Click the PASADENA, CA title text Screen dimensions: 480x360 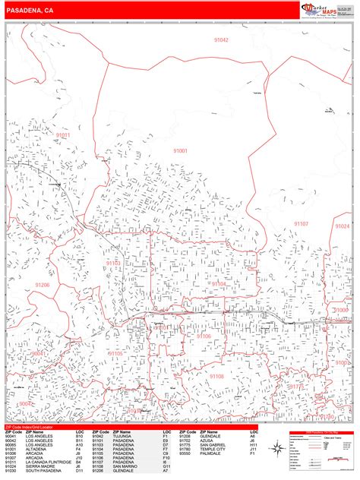[x=30, y=11]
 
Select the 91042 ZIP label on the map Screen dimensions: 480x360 [x=220, y=39]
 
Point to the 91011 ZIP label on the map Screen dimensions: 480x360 [x=61, y=135]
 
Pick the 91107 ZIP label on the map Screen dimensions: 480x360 [x=302, y=224]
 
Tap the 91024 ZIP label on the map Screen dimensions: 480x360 [x=343, y=226]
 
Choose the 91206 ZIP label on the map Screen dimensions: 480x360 [x=42, y=284]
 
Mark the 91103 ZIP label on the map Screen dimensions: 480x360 [x=113, y=264]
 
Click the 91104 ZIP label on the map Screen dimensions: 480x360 [x=219, y=283]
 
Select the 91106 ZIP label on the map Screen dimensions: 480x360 [x=204, y=336]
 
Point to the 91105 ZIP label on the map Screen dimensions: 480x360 [x=115, y=354]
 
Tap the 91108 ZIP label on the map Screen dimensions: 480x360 [x=217, y=376]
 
